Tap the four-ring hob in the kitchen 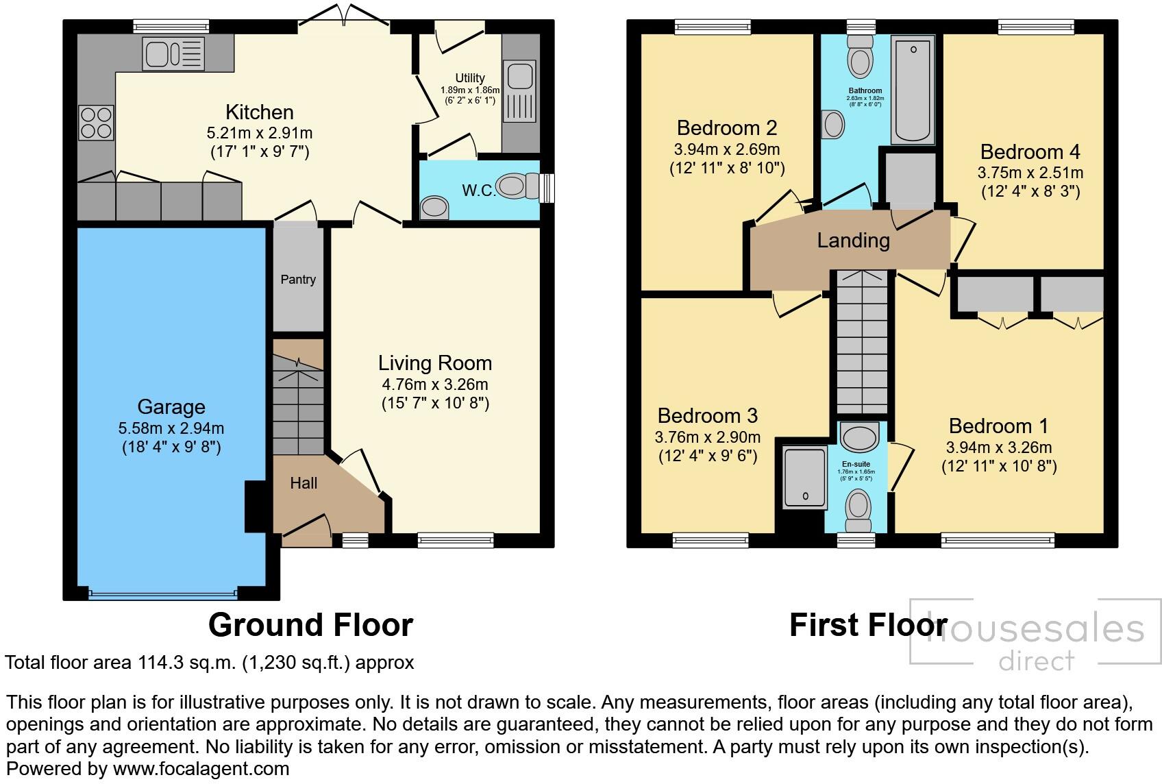[96, 122]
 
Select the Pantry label [298, 280]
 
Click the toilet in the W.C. [519, 186]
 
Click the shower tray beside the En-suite [804, 478]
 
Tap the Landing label [853, 241]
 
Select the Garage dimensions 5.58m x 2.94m [171, 429]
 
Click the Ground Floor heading [310, 625]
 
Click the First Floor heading [867, 625]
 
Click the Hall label [304, 483]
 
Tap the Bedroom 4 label [1030, 151]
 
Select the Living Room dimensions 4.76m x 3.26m [435, 384]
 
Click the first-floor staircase [862, 343]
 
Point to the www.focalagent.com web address [201, 769]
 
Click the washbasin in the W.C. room [434, 206]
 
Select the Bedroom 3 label [707, 416]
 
